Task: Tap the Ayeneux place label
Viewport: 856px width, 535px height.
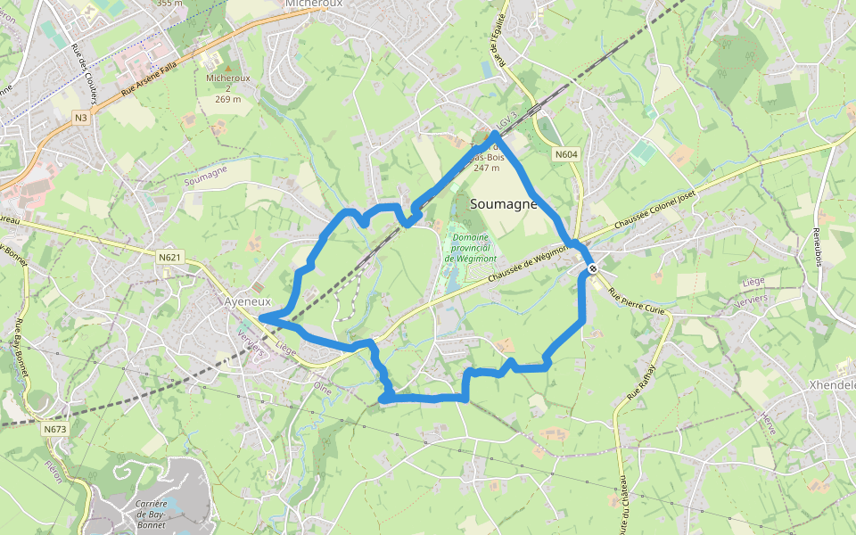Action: pyautogui.click(x=247, y=302)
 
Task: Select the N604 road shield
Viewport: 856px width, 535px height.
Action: pyautogui.click(x=565, y=155)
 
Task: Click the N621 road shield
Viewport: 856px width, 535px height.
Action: pyautogui.click(x=169, y=258)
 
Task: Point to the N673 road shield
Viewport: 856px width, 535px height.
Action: pyautogui.click(x=54, y=429)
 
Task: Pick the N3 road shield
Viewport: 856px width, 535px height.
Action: pyautogui.click(x=81, y=118)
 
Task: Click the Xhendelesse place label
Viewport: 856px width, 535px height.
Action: pyautogui.click(x=831, y=385)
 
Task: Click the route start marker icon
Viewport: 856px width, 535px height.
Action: pyautogui.click(x=592, y=267)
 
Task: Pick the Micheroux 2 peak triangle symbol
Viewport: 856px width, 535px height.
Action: pyautogui.click(x=228, y=67)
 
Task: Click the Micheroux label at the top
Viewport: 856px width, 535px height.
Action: pyautogui.click(x=314, y=4)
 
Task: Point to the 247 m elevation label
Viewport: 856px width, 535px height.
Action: pyautogui.click(x=487, y=168)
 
